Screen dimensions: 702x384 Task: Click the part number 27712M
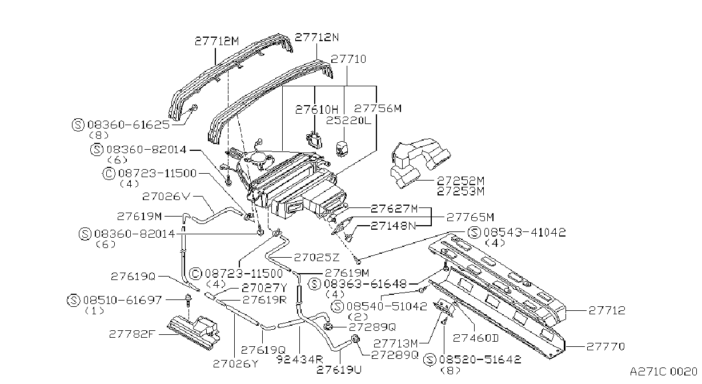click(x=216, y=41)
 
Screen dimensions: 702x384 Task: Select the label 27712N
click(x=317, y=38)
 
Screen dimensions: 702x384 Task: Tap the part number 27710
click(x=348, y=59)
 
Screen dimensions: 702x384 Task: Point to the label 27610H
click(x=317, y=110)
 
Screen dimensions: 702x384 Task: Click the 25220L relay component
click(x=341, y=149)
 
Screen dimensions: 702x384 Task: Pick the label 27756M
click(x=378, y=109)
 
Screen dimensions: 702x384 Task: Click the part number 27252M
click(x=461, y=181)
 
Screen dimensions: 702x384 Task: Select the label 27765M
click(x=470, y=217)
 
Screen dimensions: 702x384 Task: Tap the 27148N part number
click(x=394, y=226)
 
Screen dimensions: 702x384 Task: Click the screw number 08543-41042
click(x=524, y=232)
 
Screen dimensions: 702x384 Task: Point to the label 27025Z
click(x=316, y=257)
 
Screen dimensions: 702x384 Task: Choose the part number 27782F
click(x=132, y=334)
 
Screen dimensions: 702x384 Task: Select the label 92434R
click(x=300, y=359)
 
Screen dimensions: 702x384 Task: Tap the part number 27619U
click(x=339, y=370)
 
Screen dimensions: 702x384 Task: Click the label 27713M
click(x=395, y=344)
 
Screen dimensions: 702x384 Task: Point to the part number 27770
click(x=605, y=346)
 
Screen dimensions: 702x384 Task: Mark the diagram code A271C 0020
click(x=664, y=372)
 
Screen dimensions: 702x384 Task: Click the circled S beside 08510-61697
click(x=73, y=301)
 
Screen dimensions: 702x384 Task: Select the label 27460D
click(x=476, y=338)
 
